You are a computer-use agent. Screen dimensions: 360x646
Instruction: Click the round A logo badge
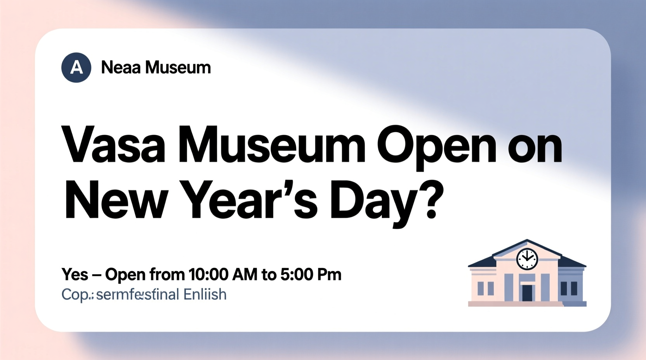pyautogui.click(x=76, y=67)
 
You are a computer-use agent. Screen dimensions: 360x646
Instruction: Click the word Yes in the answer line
pyautogui.click(x=75, y=275)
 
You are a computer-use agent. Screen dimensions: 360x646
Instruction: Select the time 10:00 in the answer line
pyautogui.click(x=208, y=275)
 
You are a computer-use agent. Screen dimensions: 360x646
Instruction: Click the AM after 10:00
pyautogui.click(x=245, y=275)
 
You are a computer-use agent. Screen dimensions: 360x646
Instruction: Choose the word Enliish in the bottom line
pyautogui.click(x=205, y=294)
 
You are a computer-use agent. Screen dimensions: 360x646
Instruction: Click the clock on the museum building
pyautogui.click(x=527, y=258)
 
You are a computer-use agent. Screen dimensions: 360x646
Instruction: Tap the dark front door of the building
pyautogui.click(x=527, y=293)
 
